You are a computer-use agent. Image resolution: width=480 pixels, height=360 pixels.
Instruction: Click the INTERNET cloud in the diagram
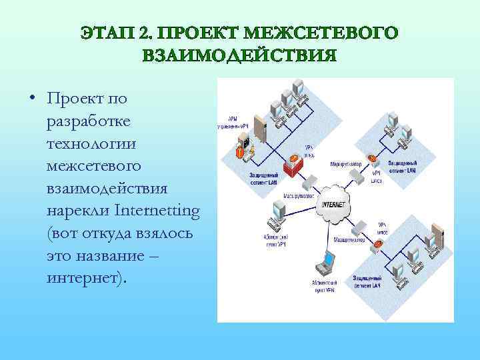click(x=334, y=204)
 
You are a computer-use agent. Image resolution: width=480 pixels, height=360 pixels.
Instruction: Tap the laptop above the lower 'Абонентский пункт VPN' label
click(x=327, y=260)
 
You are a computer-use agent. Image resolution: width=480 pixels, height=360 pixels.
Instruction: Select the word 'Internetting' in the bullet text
click(x=157, y=211)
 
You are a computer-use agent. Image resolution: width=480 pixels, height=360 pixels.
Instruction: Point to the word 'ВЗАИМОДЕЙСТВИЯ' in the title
click(x=240, y=55)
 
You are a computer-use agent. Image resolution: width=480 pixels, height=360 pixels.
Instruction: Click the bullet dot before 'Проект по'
click(x=33, y=100)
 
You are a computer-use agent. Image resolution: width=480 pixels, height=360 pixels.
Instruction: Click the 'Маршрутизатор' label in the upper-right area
click(x=346, y=163)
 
